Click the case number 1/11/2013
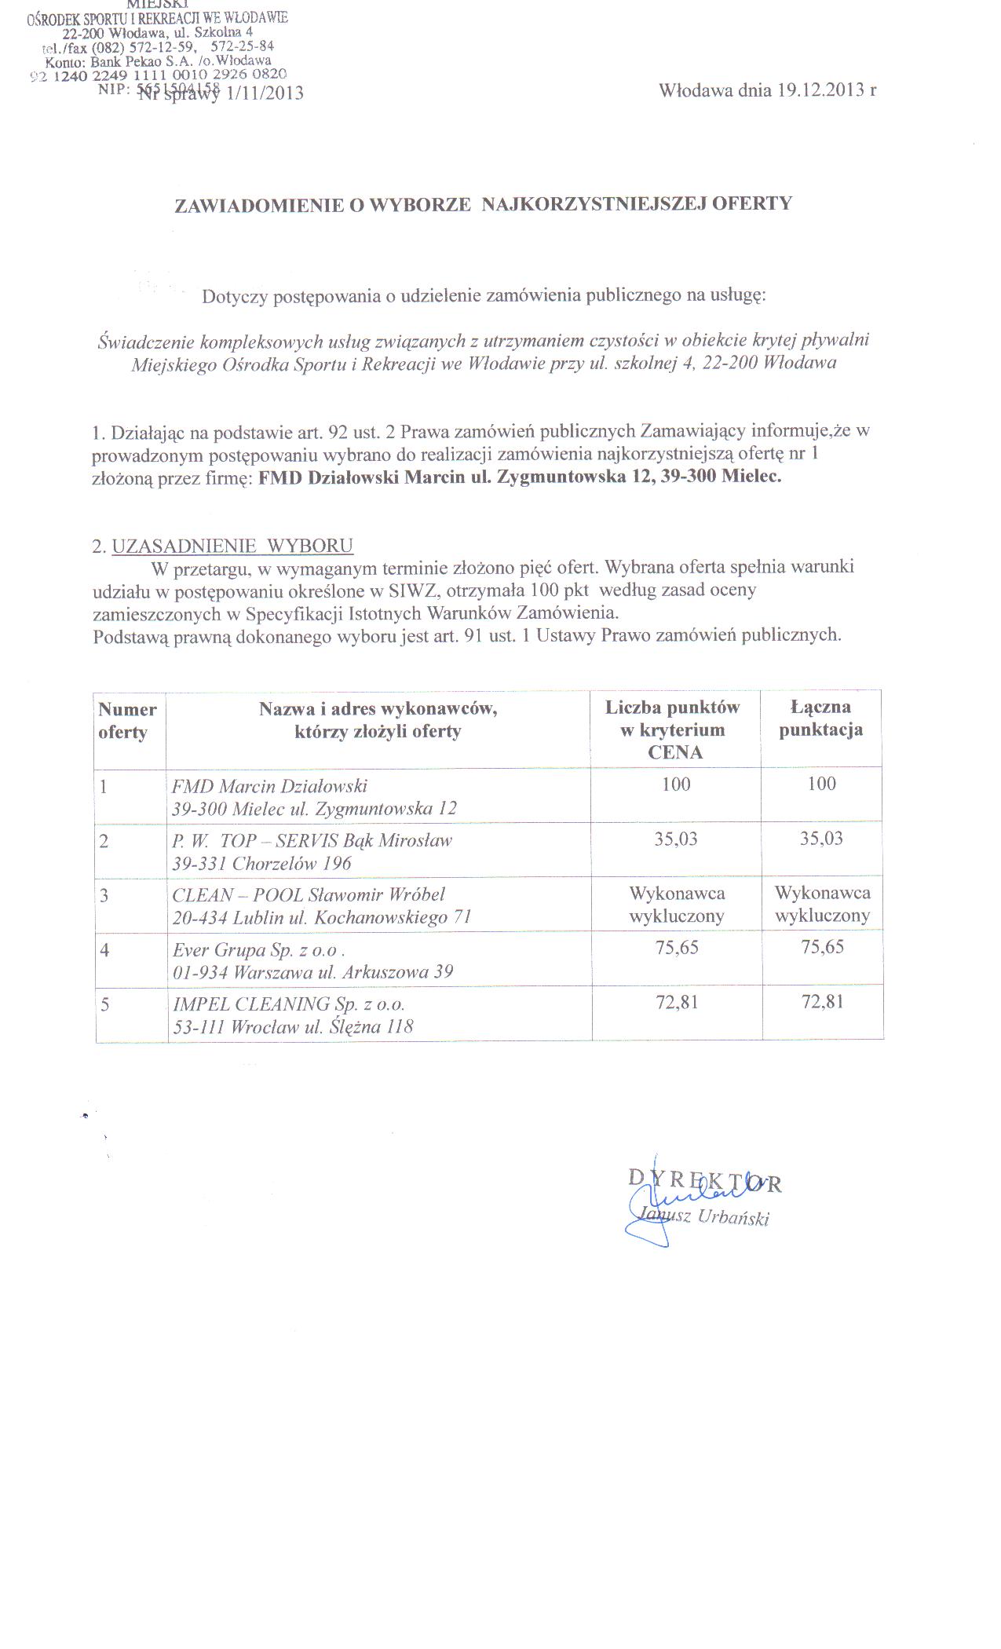click(x=264, y=94)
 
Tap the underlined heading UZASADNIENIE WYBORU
click(x=232, y=546)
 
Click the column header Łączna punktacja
click(x=820, y=718)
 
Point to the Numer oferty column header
click(x=127, y=721)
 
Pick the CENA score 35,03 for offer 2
click(x=676, y=839)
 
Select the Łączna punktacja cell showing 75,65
click(x=822, y=947)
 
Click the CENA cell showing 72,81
click(x=676, y=1002)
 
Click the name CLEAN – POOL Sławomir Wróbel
click(x=309, y=894)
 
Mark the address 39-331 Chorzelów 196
click(x=261, y=864)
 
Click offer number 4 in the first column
click(x=104, y=950)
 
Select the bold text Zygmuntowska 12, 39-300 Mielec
click(x=640, y=477)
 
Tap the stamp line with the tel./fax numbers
click(x=157, y=46)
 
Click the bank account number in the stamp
click(x=157, y=75)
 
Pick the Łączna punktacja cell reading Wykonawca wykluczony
click(x=822, y=904)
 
